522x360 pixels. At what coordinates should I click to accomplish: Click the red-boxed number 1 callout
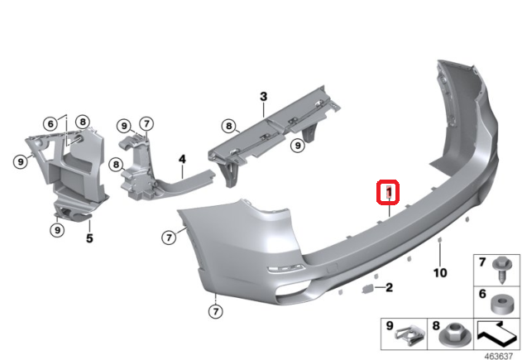(388, 191)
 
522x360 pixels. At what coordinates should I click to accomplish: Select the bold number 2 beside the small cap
(389, 287)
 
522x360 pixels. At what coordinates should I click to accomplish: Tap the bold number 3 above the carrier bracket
(263, 97)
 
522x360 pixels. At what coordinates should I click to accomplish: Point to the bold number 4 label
(182, 159)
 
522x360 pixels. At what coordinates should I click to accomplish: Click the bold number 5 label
(89, 238)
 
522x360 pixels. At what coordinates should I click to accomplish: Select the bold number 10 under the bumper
(440, 273)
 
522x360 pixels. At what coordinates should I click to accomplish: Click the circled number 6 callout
(50, 124)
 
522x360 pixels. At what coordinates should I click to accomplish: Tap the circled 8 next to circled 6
(83, 122)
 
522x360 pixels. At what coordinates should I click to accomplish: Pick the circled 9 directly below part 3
(297, 145)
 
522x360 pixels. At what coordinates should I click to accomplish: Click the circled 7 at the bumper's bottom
(215, 311)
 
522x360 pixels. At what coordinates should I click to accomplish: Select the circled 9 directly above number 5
(57, 229)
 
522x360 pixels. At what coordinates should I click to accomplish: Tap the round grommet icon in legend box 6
(501, 304)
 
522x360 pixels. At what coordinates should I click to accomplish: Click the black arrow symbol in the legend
(496, 333)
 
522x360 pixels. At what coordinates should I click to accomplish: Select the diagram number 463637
(498, 356)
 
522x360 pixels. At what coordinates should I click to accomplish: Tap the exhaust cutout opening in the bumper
(293, 290)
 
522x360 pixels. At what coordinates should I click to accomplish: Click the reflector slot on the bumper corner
(286, 269)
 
